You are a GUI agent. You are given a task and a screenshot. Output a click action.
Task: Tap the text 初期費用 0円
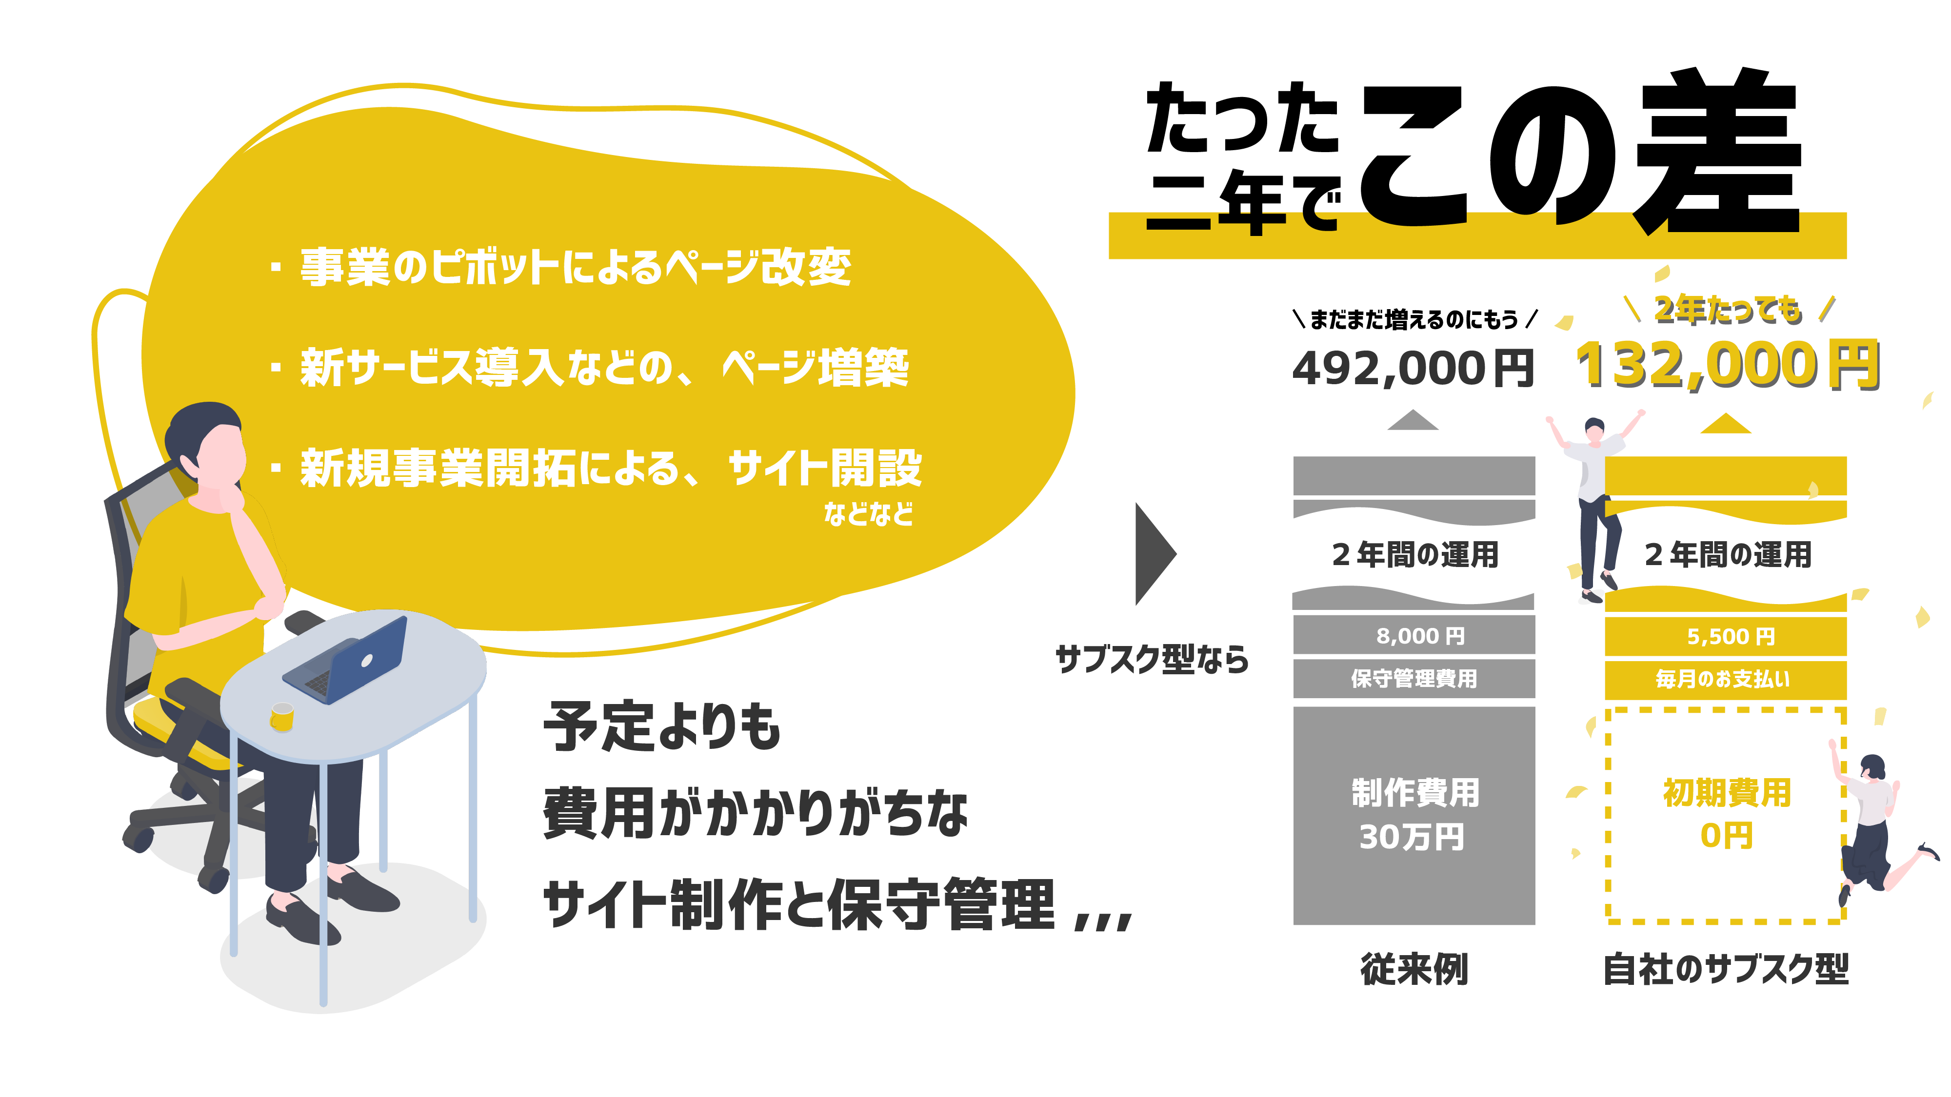1727,814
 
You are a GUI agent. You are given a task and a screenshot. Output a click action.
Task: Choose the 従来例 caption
1414,969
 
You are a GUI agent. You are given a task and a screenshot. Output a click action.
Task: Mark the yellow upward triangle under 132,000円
1725,424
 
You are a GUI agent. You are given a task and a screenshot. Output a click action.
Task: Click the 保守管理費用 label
1414,678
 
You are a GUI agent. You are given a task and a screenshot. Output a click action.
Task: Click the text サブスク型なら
1151,659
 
